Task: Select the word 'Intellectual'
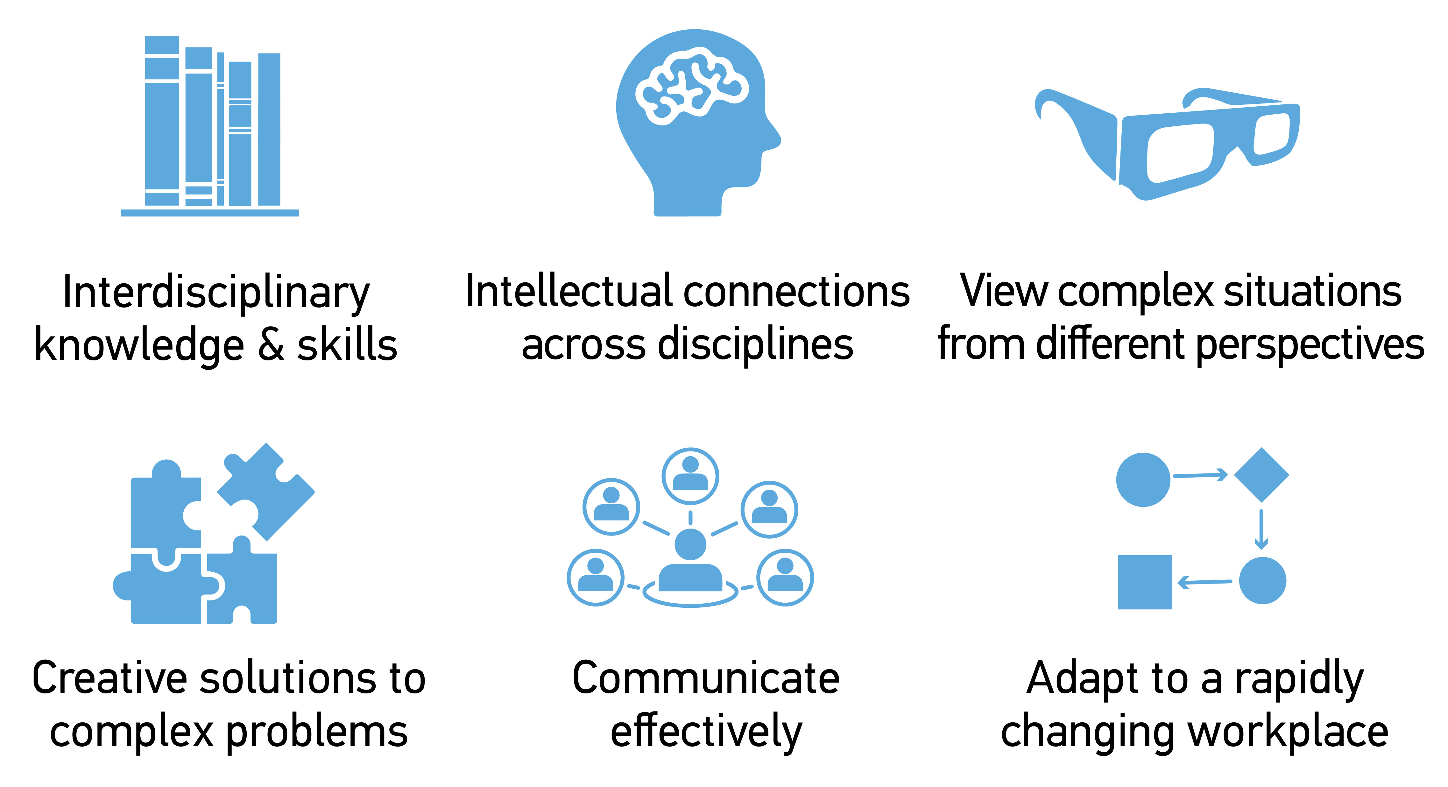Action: (568, 291)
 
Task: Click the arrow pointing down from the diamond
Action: (1261, 528)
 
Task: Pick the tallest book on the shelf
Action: (162, 121)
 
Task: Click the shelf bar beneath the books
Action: (210, 213)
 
